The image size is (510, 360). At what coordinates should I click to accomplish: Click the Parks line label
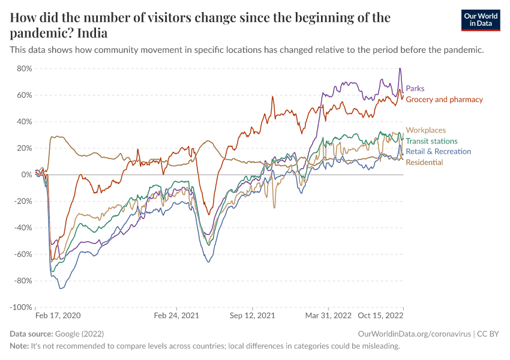click(x=415, y=89)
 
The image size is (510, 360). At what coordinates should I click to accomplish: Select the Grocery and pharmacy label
click(x=444, y=100)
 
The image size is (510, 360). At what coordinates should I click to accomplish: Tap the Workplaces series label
click(x=425, y=130)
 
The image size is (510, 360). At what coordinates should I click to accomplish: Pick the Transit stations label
click(x=431, y=141)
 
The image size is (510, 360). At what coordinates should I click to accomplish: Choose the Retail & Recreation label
click(x=438, y=152)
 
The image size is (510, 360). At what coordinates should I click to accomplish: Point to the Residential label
click(x=424, y=163)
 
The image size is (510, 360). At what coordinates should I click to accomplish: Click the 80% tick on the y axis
click(x=24, y=68)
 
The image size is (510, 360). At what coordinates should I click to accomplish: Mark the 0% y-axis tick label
click(x=26, y=175)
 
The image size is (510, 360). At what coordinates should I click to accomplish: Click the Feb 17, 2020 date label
click(x=58, y=315)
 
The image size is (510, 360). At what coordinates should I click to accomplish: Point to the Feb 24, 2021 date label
click(x=176, y=315)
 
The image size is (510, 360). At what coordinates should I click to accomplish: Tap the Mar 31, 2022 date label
click(x=328, y=315)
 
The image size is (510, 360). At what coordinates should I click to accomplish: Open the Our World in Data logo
click(x=480, y=20)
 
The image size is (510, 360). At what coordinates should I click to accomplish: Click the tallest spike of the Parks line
click(x=400, y=68)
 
